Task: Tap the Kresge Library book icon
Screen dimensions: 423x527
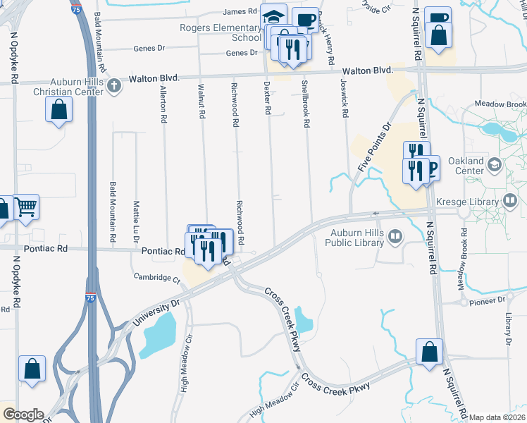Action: coord(509,201)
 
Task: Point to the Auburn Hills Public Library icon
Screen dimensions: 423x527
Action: coord(395,238)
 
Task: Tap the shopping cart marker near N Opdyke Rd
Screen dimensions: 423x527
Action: coord(25,207)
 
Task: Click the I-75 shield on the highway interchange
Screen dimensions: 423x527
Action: coord(91,298)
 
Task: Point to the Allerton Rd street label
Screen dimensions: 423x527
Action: coord(163,104)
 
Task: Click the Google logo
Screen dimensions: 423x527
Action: coord(23,415)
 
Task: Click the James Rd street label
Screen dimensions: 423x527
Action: coord(240,11)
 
